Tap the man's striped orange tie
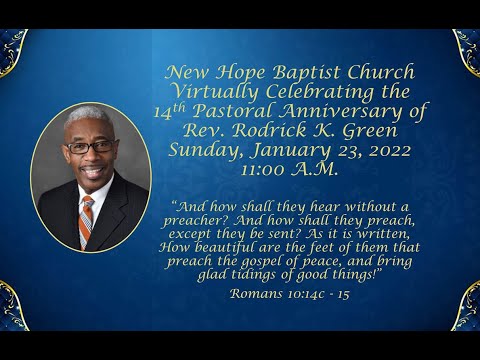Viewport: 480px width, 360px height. tap(88, 218)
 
